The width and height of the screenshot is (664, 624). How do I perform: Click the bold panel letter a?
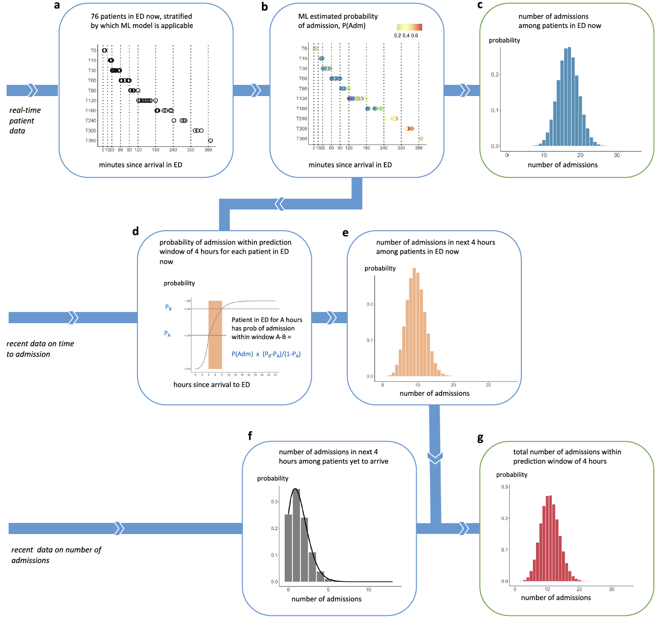click(57, 6)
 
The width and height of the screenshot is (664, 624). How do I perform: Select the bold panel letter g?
click(480, 438)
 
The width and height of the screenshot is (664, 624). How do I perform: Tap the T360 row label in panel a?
click(91, 141)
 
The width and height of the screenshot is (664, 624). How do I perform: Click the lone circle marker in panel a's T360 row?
click(210, 141)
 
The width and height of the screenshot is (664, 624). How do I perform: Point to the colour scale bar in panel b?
click(409, 27)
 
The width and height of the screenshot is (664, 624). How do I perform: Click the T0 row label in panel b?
click(304, 49)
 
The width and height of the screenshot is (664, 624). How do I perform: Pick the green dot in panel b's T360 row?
click(421, 139)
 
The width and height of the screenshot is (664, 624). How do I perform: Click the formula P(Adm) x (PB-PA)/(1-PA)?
click(266, 354)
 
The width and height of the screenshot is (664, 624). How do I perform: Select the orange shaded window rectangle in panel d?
click(215, 334)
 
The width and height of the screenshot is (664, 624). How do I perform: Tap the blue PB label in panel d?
click(169, 307)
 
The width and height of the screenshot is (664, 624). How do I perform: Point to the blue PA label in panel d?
click(168, 334)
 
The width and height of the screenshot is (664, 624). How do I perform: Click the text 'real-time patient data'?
click(25, 120)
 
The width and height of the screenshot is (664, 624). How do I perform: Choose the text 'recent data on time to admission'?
click(40, 349)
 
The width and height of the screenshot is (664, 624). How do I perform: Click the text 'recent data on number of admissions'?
click(56, 555)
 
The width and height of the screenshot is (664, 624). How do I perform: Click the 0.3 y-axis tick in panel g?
click(504, 487)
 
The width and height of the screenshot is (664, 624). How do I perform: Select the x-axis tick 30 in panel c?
click(617, 155)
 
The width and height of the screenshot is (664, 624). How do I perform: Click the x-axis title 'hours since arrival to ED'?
click(212, 385)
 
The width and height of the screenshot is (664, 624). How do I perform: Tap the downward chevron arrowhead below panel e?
click(435, 457)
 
